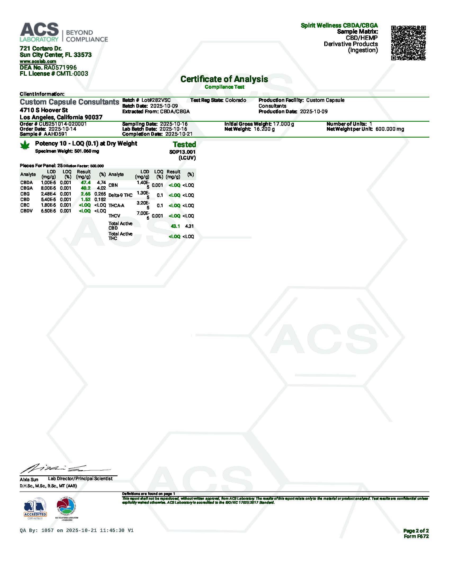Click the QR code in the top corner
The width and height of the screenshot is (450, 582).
tap(408, 43)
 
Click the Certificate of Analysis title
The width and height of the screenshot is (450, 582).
tap(224, 79)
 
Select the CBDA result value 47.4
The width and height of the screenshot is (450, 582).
tap(85, 183)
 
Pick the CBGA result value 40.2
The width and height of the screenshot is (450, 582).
tap(85, 188)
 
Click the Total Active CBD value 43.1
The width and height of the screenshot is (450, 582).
tap(175, 226)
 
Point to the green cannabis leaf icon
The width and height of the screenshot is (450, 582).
tap(25, 145)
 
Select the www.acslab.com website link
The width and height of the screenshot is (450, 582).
tap(38, 61)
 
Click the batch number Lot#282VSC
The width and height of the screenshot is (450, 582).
tap(156, 100)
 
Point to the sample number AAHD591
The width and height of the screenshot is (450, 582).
tap(55, 134)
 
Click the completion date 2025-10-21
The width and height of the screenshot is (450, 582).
tap(179, 134)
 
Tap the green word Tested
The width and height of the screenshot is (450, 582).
tap(184, 144)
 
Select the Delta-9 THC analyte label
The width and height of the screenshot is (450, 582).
tap(120, 195)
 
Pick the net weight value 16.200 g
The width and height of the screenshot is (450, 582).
tap(264, 129)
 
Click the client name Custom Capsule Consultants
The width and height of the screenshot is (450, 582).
tap(69, 102)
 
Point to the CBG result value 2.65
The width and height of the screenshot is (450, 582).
tap(85, 194)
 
